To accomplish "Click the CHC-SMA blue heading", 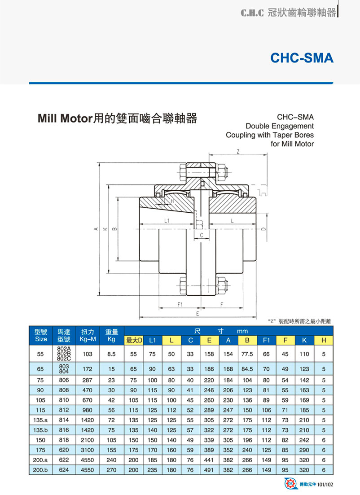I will (302, 58).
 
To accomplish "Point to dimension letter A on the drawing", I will (96, 229).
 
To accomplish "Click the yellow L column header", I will (171, 341).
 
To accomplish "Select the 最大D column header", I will (133, 341).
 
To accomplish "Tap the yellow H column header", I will (324, 341).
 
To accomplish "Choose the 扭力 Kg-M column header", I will (88, 336).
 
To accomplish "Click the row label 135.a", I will (40, 421).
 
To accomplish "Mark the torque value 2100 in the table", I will (88, 440).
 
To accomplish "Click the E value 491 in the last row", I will (209, 470).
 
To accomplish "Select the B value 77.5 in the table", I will (247, 354).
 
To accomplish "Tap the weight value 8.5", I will (112, 354).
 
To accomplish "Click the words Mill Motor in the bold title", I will (64, 119).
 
